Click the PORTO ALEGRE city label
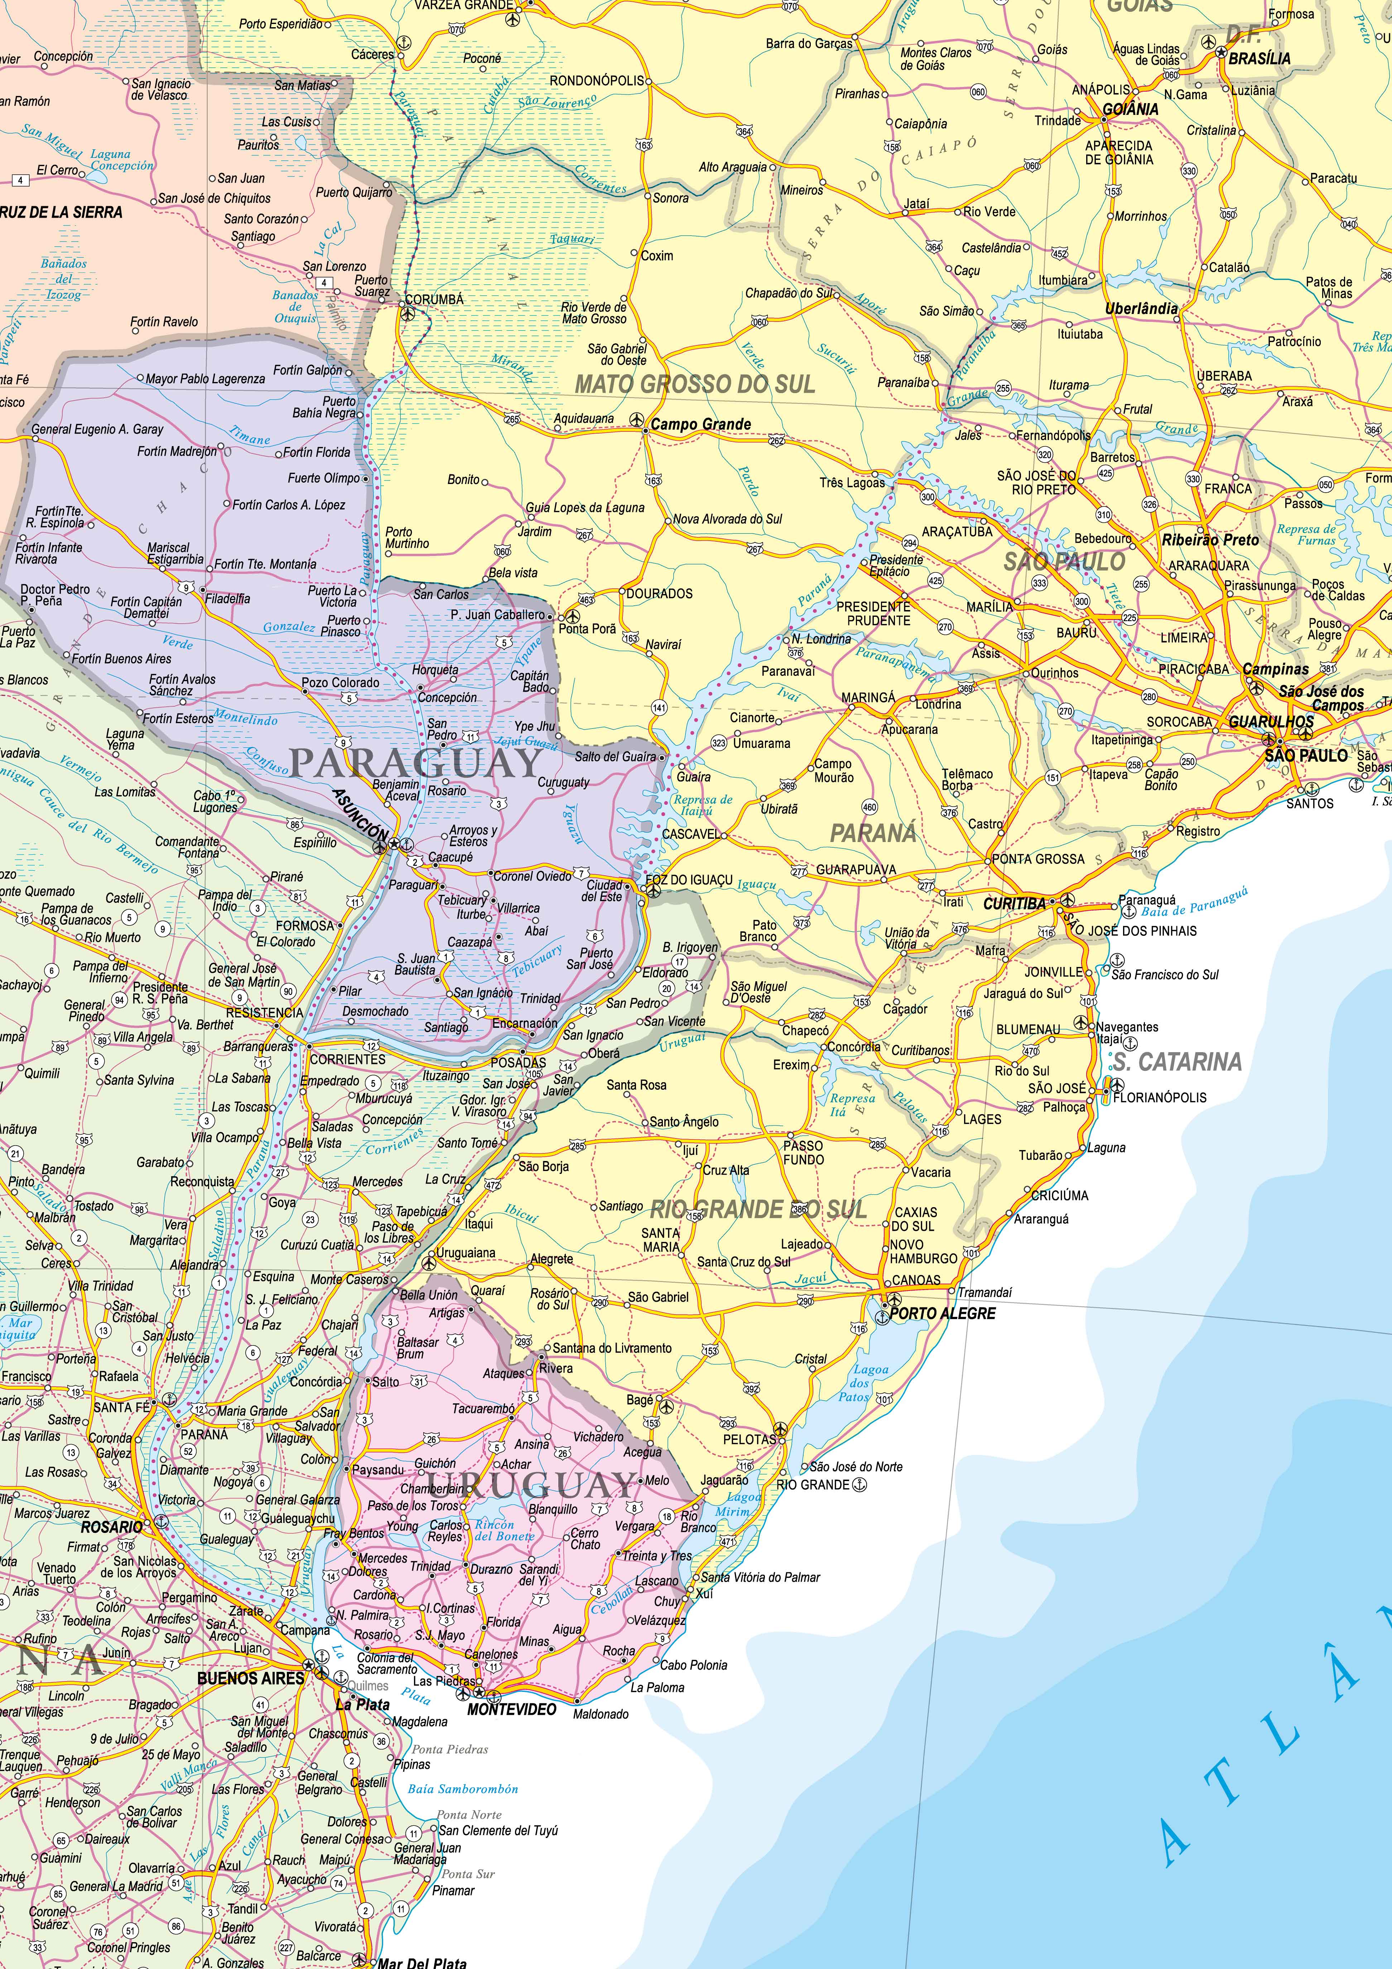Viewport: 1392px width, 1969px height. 943,1313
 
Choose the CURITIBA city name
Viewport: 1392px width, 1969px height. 1015,903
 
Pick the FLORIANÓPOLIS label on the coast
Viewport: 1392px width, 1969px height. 1160,1097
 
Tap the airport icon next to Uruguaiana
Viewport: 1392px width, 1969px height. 430,1261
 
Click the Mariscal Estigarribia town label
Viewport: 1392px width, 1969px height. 175,553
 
